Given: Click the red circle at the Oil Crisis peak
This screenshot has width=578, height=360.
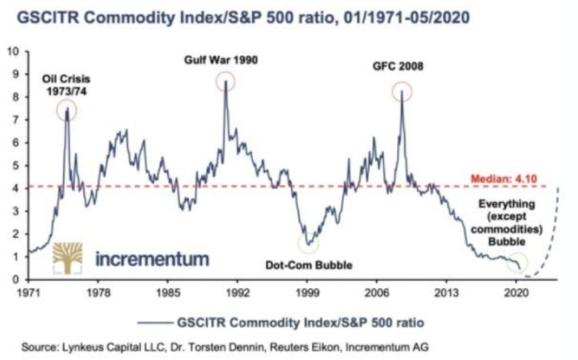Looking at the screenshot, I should (66, 111).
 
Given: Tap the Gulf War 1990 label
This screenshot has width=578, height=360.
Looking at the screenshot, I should (221, 59).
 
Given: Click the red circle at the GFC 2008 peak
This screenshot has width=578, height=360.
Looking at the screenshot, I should (402, 92).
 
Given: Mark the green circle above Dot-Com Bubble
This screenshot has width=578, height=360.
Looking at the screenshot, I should (308, 243).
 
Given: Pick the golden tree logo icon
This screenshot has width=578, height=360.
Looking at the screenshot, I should (67, 258).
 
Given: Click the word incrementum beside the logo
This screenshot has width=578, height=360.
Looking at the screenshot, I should (152, 259).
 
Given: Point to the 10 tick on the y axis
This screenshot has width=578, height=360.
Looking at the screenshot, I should (13, 51).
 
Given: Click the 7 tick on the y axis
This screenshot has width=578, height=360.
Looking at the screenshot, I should (15, 120).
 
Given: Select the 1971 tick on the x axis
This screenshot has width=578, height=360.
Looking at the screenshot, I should (27, 293).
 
